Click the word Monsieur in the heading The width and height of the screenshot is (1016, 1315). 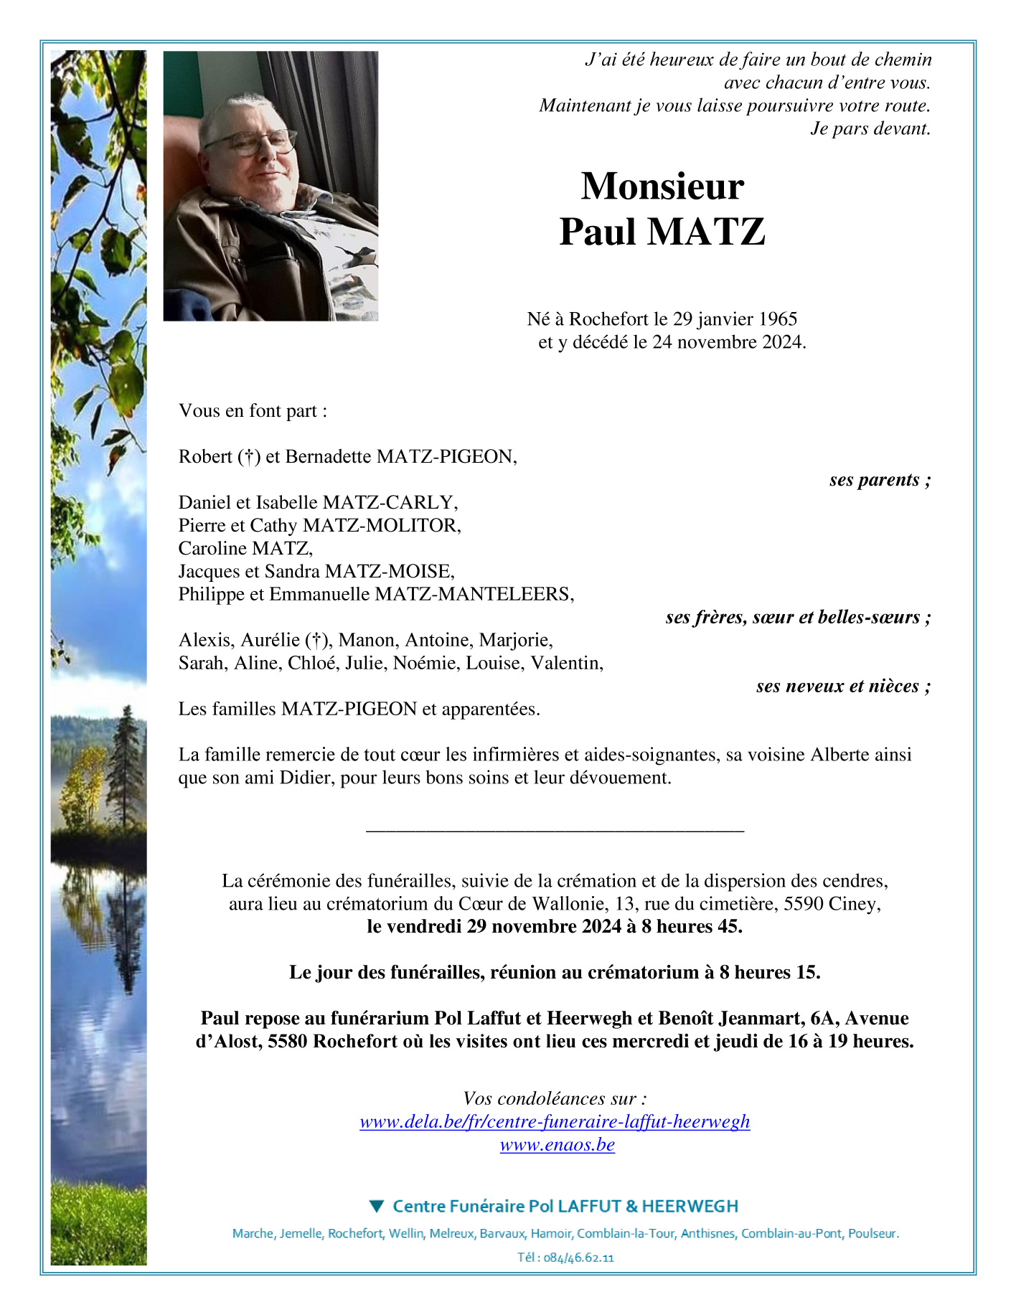pyautogui.click(x=662, y=187)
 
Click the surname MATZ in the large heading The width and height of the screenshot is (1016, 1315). pyautogui.click(x=706, y=232)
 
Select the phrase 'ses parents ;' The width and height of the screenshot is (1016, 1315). pyautogui.click(x=880, y=479)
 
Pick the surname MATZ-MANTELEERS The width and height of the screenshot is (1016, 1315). pyautogui.click(x=474, y=594)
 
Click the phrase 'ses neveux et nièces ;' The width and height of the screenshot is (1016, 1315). pyautogui.click(x=843, y=686)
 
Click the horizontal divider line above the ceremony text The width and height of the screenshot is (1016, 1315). pyautogui.click(x=555, y=831)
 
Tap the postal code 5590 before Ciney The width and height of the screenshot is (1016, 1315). pyautogui.click(x=803, y=904)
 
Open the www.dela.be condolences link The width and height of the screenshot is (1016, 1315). pyautogui.click(x=555, y=1122)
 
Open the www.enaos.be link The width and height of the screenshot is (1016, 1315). pyautogui.click(x=557, y=1145)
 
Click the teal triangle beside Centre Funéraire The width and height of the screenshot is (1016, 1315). pyautogui.click(x=377, y=1206)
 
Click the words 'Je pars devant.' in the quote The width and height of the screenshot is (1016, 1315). pyautogui.click(x=870, y=128)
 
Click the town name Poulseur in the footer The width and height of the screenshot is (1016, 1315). pyautogui.click(x=872, y=1234)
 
